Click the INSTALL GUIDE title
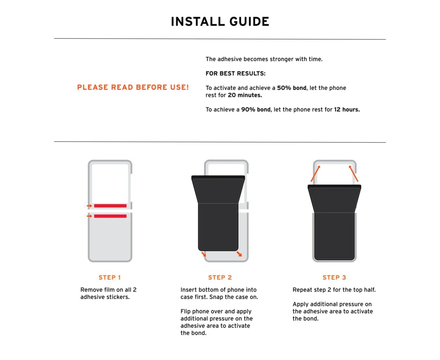point(220,21)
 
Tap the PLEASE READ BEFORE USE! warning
point(133,87)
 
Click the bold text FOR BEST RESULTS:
point(235,73)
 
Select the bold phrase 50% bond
point(291,88)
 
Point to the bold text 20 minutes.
point(245,95)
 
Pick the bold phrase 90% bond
point(255,110)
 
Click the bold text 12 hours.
point(347,110)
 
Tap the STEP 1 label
point(110,277)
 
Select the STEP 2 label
point(220,277)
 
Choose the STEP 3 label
point(334,277)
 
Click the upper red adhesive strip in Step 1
point(110,206)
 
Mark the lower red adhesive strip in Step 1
point(110,216)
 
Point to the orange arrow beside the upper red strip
point(89,206)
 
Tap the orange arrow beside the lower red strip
point(89,216)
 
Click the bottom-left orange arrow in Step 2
point(203,254)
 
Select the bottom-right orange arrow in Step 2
point(239,254)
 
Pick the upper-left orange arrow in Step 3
point(315,173)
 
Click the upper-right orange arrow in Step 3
point(354,173)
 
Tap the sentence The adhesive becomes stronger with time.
point(264,59)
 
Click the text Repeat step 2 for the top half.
point(334,290)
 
